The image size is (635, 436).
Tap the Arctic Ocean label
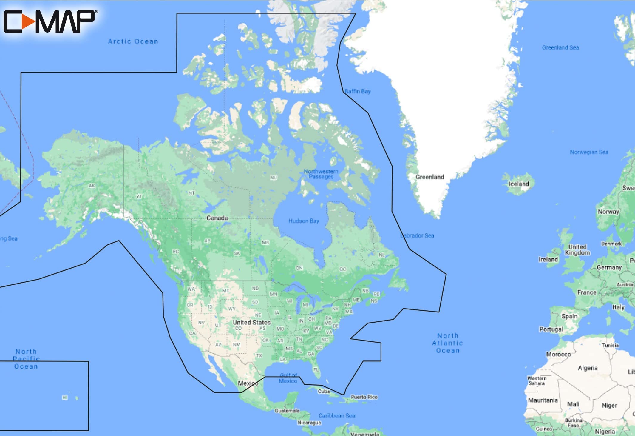tap(133, 41)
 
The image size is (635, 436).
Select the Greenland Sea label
tap(560, 47)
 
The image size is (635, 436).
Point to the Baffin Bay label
tap(358, 91)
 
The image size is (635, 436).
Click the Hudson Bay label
tap(304, 221)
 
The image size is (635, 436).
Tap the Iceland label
tap(519, 184)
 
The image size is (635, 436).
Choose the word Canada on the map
tap(217, 218)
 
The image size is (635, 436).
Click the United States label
tap(251, 322)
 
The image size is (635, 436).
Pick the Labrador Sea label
tap(417, 235)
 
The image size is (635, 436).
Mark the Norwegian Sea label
tap(589, 152)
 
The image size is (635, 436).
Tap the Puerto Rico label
tap(364, 397)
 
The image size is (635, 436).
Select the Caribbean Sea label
tap(337, 416)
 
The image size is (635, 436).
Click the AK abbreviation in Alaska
tap(92, 186)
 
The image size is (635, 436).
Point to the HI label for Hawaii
tap(65, 398)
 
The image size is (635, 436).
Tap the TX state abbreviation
tap(259, 355)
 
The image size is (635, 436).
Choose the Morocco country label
tap(558, 354)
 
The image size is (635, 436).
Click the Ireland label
tap(548, 259)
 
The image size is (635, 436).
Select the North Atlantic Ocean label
tap(448, 343)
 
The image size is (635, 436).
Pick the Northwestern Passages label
tap(321, 174)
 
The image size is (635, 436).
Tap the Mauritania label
tap(543, 400)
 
